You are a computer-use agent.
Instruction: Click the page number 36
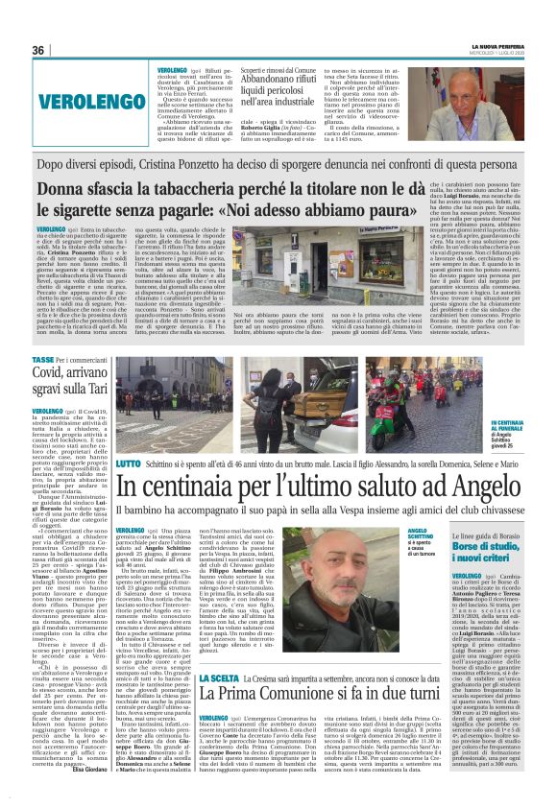click(x=39, y=50)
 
